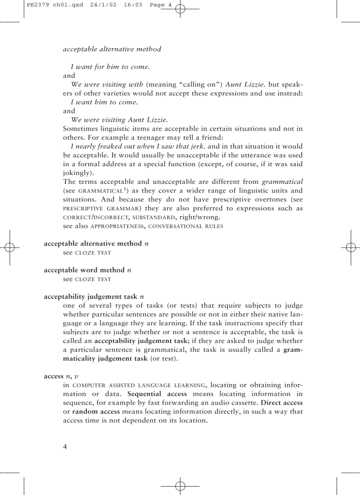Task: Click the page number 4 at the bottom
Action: tap(65, 447)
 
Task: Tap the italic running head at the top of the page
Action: tap(112, 49)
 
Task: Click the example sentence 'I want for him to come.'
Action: tap(110, 67)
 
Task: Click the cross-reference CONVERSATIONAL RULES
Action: tap(186, 226)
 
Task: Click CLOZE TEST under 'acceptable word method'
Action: tap(93, 279)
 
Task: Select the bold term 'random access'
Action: tap(96, 411)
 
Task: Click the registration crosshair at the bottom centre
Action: tap(180, 486)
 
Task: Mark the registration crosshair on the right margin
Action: tap(351, 247)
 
